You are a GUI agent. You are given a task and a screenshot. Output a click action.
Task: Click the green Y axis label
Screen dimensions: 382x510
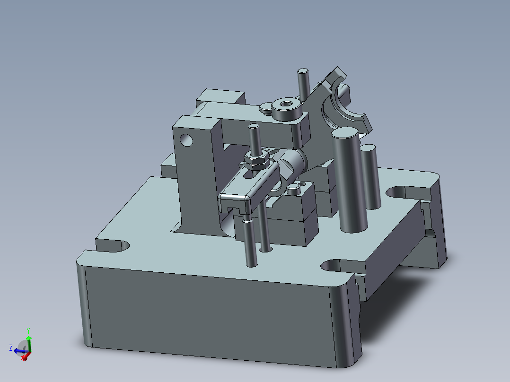point(28,330)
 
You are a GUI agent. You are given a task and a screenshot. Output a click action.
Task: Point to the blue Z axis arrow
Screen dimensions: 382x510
point(18,350)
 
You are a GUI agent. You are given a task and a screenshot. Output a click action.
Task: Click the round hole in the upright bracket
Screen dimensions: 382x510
point(186,139)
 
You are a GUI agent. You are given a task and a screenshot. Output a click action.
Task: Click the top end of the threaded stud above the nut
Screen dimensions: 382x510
point(254,129)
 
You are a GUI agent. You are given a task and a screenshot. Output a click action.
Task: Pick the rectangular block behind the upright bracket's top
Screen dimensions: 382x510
point(220,97)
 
